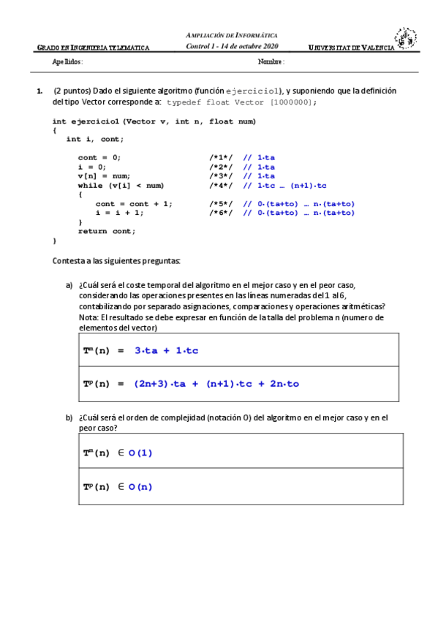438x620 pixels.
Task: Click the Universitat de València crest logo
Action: [x=406, y=39]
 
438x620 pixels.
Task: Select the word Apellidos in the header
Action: [x=67, y=62]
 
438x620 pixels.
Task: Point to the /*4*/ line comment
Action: [x=221, y=186]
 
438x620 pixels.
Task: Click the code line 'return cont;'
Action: [x=107, y=231]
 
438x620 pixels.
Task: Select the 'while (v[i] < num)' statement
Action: [x=121, y=186]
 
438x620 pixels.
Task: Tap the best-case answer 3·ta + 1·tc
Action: [x=166, y=351]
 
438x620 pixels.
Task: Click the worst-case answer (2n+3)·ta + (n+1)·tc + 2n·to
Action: [x=216, y=384]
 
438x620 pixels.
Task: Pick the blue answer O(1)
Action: [x=140, y=453]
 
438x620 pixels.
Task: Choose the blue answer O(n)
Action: [x=140, y=487]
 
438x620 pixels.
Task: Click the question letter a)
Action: [x=69, y=285]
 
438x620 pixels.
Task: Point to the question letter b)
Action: [x=69, y=418]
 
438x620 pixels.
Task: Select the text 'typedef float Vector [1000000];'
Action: [x=242, y=103]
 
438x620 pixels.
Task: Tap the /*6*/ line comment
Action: [x=221, y=213]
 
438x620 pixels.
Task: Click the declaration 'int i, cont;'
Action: [x=94, y=139]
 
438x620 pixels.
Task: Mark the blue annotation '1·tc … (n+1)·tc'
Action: [x=284, y=186]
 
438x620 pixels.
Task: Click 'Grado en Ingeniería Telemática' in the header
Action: [x=93, y=48]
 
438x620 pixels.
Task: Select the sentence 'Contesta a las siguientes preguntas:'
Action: [x=116, y=261]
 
